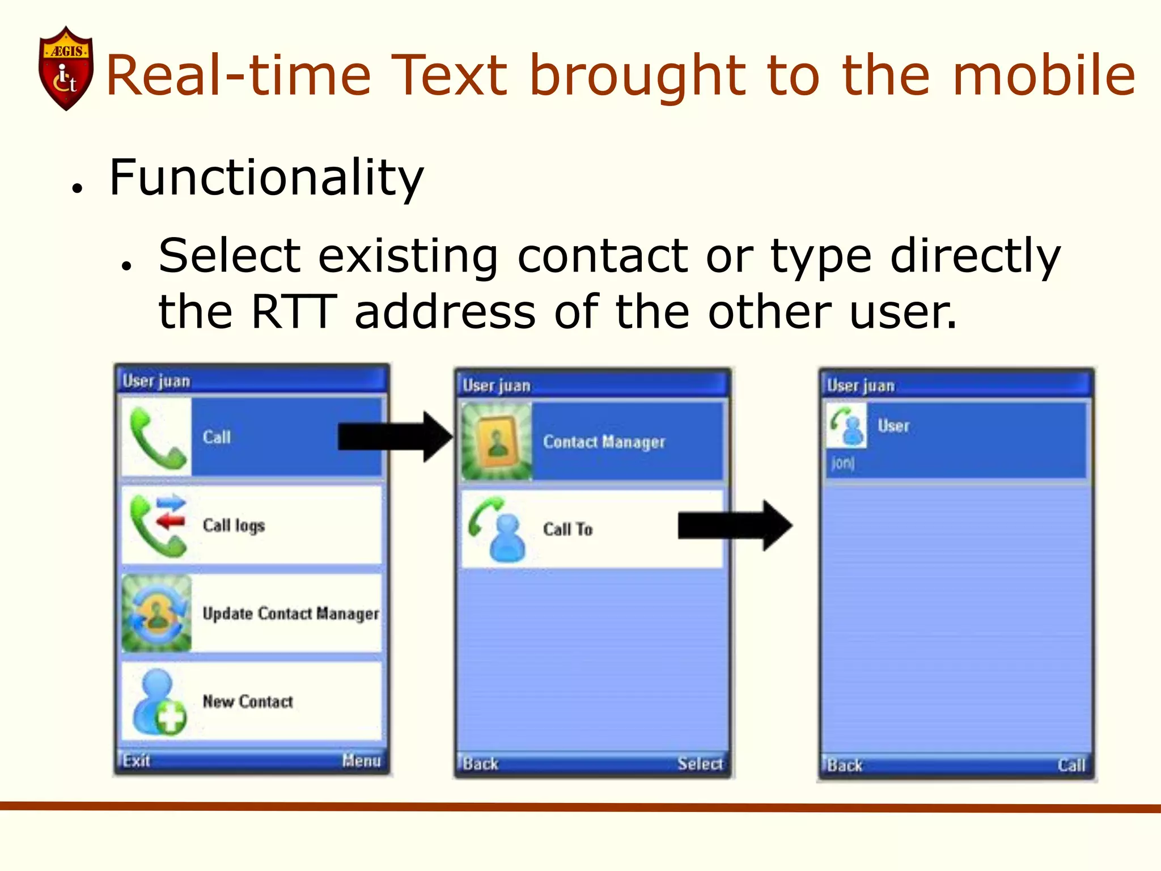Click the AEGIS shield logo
(x=66, y=68)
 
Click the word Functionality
(x=266, y=178)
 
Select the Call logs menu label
(x=234, y=526)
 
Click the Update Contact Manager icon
(x=157, y=613)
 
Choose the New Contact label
(x=248, y=701)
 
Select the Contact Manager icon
(x=497, y=441)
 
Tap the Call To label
(x=567, y=529)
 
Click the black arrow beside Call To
(x=735, y=526)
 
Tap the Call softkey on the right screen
(x=1071, y=765)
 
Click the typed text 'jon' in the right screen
(x=842, y=463)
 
